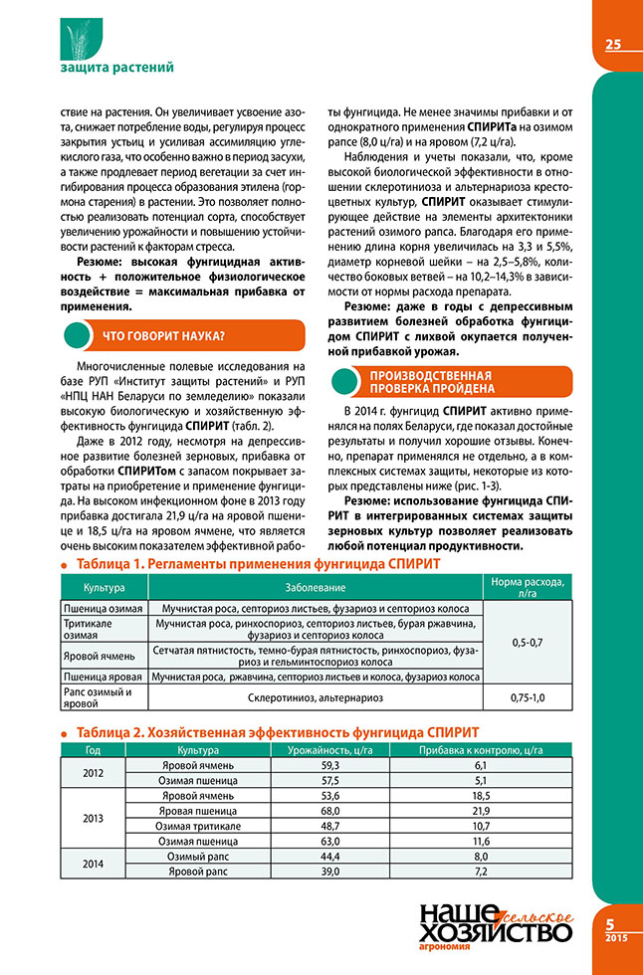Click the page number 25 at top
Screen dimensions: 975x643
(x=613, y=44)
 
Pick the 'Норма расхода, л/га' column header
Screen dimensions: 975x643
(x=527, y=588)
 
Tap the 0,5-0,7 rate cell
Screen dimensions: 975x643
(x=527, y=642)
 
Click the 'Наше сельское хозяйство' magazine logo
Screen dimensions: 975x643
(x=496, y=927)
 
